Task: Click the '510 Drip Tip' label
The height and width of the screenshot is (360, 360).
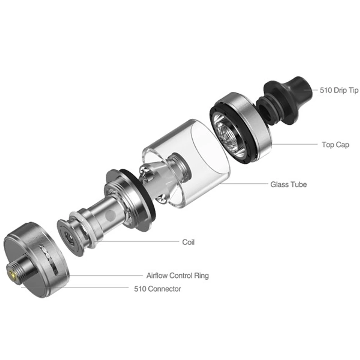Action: (x=339, y=90)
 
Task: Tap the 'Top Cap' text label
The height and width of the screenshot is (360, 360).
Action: (x=335, y=145)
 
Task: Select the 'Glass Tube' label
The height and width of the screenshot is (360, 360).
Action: (x=289, y=184)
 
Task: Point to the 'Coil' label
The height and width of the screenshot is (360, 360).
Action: (x=188, y=242)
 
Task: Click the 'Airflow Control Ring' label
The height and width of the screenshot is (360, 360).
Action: (x=177, y=276)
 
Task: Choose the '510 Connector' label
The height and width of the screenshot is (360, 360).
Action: (x=157, y=289)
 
